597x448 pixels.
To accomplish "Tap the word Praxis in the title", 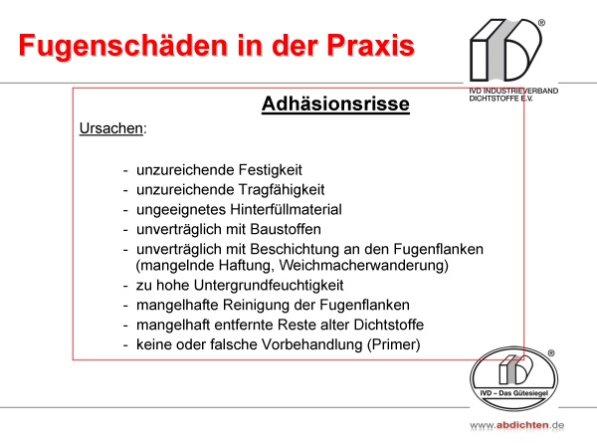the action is (370, 45).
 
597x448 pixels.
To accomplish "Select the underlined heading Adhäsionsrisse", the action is (335, 104).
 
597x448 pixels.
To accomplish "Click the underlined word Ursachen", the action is (111, 128).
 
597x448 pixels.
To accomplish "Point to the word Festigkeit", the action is (271, 170).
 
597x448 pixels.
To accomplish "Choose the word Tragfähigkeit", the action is (282, 190).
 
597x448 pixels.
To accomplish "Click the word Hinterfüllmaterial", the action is (287, 209).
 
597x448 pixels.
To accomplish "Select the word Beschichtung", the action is (295, 249).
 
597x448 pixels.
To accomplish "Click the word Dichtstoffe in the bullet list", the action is (389, 325).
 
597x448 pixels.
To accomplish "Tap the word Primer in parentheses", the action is (394, 344).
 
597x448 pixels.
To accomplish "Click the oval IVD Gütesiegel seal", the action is (514, 378).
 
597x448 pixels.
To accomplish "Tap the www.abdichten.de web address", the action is (516, 425).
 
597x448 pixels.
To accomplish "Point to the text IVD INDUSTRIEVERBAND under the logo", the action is (513, 91).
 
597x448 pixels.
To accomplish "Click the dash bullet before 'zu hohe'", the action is (125, 286).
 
